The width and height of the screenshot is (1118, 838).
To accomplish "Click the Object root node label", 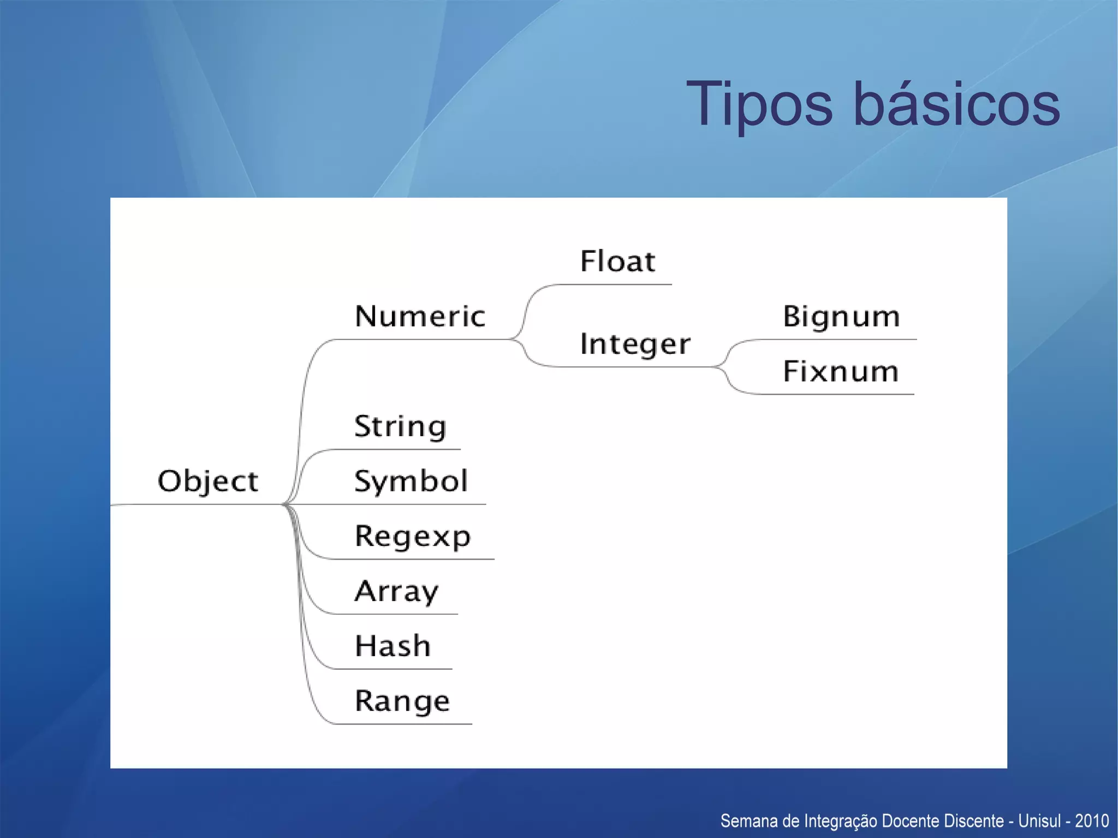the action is point(207,482).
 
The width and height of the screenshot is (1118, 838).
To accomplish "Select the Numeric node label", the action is point(420,317).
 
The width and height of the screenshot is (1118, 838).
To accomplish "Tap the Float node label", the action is point(617,261).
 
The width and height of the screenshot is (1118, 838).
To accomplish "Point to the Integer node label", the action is point(635,344).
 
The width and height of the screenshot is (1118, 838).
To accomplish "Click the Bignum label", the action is point(841,317).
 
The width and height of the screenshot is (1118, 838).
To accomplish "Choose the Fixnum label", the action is point(841,372).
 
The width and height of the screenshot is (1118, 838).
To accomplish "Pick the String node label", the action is point(400,426).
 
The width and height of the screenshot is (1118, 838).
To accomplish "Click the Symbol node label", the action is point(411,482).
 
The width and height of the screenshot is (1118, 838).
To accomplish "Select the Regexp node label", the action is point(412,537).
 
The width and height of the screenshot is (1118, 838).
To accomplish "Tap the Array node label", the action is point(396,592).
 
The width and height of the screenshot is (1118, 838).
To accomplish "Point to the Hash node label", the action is point(393,646).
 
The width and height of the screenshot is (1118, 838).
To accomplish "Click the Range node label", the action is point(402,702).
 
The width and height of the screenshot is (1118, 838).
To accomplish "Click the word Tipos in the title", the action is point(759,104).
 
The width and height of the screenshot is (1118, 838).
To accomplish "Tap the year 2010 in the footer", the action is point(1092,821).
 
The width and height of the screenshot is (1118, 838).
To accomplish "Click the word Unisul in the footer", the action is point(1039,821).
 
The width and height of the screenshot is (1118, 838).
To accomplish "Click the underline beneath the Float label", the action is point(614,284).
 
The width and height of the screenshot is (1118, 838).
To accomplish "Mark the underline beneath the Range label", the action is point(402,724).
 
